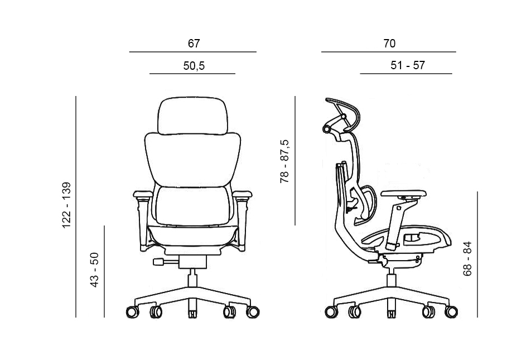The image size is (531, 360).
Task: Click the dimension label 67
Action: pos(194,43)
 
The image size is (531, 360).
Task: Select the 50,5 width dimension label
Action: pos(194,66)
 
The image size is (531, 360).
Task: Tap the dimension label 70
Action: pos(389,43)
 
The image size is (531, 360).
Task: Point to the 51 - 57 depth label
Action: pos(408,65)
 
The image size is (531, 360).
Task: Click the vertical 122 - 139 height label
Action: pos(67,205)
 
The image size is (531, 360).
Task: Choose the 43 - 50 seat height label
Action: pos(95,270)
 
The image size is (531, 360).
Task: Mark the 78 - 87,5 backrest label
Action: pos(285,162)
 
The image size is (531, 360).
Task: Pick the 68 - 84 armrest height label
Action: pos(467,258)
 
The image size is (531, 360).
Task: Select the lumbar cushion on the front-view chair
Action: pos(192,204)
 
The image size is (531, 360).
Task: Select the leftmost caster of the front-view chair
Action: pos(132,311)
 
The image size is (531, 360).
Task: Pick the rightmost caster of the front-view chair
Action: pos(253,311)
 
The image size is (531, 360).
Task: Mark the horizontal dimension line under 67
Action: pos(192,52)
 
